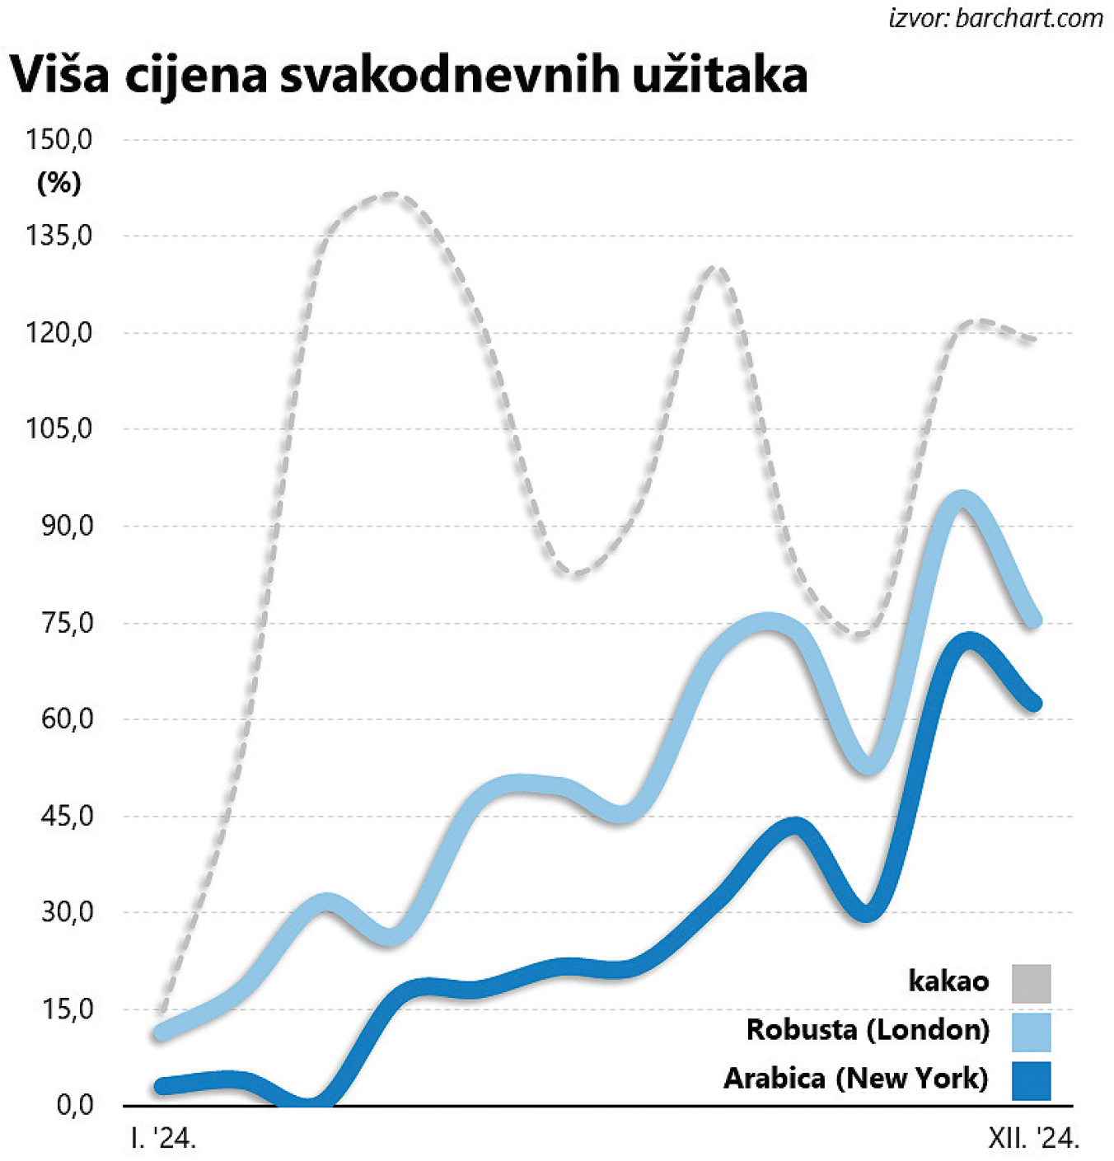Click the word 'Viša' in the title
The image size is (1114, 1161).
[x=59, y=74]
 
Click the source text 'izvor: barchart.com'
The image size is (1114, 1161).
[x=995, y=18]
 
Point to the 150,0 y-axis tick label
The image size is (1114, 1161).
[x=59, y=139]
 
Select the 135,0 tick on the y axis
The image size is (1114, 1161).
[x=59, y=236]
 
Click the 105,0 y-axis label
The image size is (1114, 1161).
[x=59, y=429]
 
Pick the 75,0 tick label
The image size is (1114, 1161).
[x=67, y=623]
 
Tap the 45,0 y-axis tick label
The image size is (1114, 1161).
[x=67, y=816]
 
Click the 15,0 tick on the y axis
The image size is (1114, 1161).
[x=67, y=1009]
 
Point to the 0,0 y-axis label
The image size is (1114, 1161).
[x=74, y=1105]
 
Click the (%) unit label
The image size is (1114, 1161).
[x=59, y=182]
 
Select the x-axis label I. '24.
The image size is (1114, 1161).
[x=163, y=1139]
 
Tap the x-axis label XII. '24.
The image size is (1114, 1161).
[x=1033, y=1139]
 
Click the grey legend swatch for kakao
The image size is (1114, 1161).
[x=1031, y=983]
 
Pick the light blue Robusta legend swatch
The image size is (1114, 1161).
[x=1031, y=1032]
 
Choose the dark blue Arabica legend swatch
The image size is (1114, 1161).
[x=1031, y=1080]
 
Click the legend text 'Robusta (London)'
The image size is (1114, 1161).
[x=868, y=1030]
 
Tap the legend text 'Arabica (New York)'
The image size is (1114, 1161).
[x=856, y=1079]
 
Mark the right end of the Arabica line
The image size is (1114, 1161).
[x=1036, y=704]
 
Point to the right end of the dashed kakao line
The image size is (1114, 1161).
[x=1034, y=339]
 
